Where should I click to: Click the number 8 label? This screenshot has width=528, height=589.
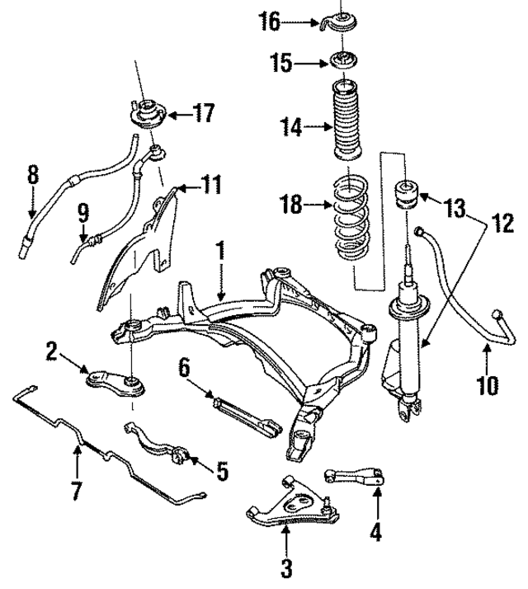pos(32,174)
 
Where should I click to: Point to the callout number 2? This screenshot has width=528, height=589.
pos(51,354)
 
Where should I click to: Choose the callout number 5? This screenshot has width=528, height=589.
pos(220,471)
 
